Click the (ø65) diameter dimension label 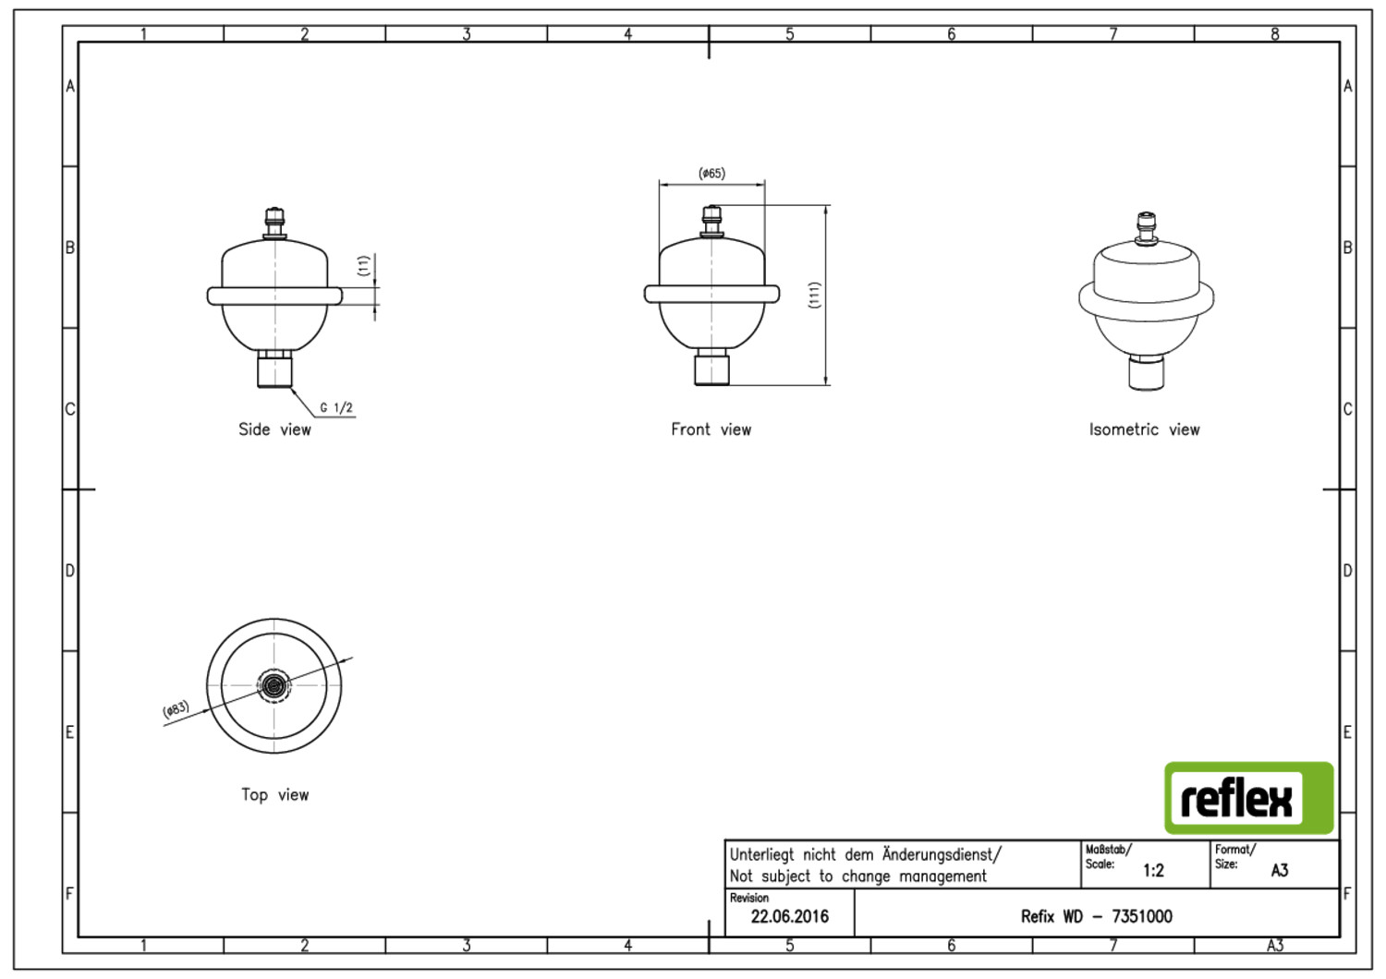[711, 173]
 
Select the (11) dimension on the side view [363, 265]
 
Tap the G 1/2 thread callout [336, 407]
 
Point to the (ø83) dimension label [176, 708]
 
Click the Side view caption [274, 429]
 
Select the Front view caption [711, 429]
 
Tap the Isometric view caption [1144, 429]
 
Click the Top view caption [274, 794]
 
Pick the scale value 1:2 [1153, 871]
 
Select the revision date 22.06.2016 [789, 916]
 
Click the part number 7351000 [1142, 916]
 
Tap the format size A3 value [1280, 871]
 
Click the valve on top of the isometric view [1146, 230]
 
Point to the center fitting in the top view [274, 685]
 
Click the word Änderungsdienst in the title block [940, 854]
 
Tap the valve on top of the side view [274, 224]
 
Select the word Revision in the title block [748, 898]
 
